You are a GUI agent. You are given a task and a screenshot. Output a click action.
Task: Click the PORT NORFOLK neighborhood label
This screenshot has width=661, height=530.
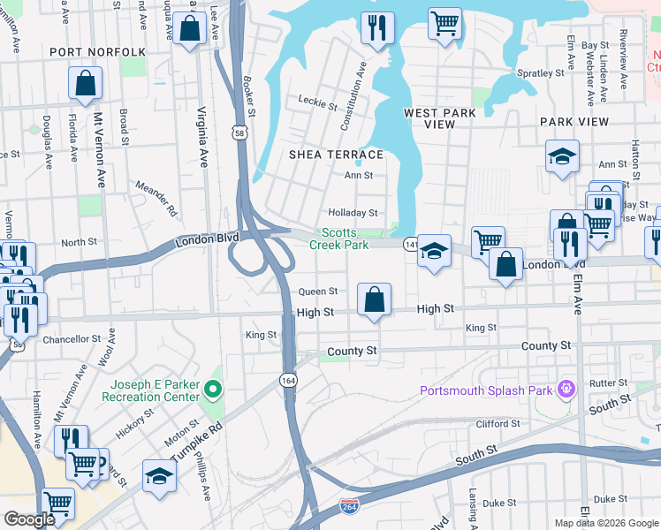97,52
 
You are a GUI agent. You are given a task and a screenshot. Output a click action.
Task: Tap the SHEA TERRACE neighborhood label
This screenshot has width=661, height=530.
337,155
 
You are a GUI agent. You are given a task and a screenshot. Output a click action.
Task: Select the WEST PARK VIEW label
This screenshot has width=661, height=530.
440,118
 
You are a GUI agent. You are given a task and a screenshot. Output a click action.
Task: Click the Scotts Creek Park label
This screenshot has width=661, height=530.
338,238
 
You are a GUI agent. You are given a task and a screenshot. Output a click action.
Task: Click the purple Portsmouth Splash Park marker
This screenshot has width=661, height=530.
566,390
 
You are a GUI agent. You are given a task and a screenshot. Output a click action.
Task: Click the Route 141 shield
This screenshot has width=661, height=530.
410,242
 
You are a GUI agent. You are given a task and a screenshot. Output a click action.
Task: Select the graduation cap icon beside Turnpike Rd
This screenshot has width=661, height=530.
159,475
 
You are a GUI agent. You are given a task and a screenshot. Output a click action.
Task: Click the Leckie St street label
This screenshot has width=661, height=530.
318,105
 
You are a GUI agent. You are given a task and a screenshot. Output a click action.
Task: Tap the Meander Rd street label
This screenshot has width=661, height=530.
156,199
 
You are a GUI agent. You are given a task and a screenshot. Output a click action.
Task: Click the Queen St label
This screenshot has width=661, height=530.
318,291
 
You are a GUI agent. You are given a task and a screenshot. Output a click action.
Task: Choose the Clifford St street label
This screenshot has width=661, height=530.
498,424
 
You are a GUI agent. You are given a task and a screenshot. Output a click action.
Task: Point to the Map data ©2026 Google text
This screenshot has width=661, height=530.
605,522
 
